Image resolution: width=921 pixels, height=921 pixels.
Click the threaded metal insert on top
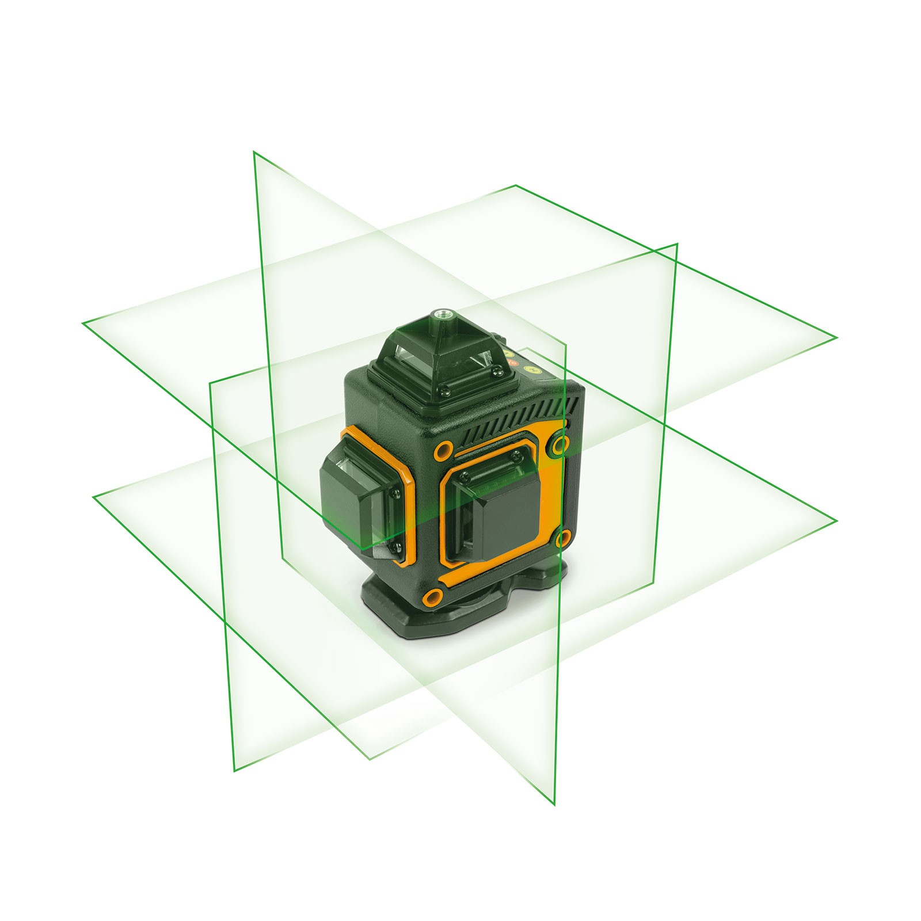[x=443, y=314]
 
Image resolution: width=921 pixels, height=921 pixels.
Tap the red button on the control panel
[x=514, y=363]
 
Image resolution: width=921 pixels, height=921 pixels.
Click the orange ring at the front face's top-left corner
[x=443, y=451]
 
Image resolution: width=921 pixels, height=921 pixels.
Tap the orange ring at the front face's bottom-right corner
[x=563, y=539]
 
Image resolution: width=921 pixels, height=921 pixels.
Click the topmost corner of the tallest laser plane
[x=254, y=152]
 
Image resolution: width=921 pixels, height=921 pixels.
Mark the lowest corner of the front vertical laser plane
[x=554, y=805]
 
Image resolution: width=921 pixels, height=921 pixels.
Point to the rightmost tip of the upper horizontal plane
[x=836, y=338]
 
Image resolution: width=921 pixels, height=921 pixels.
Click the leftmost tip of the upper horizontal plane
[x=83, y=323]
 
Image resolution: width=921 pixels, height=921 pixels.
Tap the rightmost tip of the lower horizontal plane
[x=836, y=521]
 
